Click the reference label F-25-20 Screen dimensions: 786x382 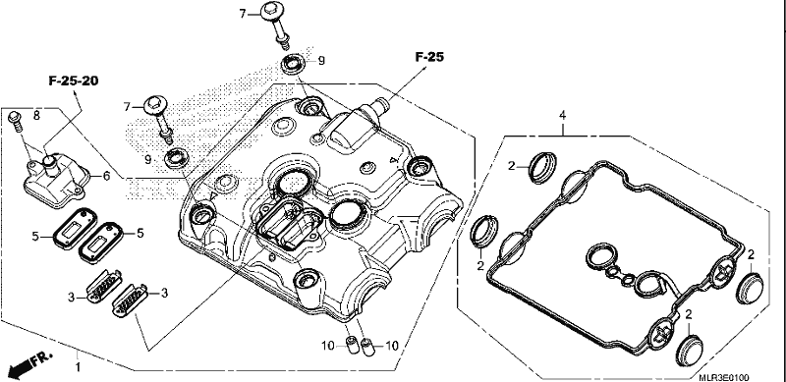(73, 81)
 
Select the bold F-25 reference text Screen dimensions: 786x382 (429, 57)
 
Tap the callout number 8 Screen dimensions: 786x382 (36, 115)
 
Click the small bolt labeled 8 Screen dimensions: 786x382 (16, 121)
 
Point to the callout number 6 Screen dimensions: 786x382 (106, 176)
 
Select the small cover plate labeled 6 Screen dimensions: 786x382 (56, 181)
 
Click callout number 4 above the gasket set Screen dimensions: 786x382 (562, 116)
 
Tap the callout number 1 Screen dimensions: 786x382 (78, 367)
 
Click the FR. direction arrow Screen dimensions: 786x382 (30, 363)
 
